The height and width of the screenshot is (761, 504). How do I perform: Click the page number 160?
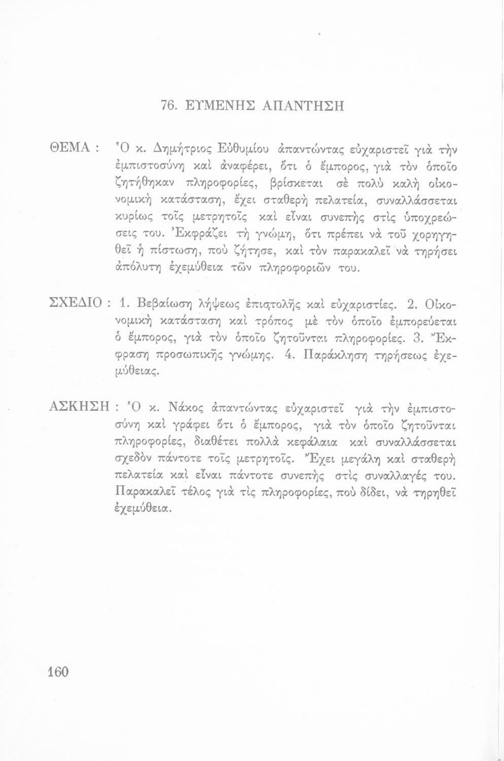pos(57,672)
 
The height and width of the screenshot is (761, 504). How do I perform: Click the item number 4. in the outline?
pos(287,355)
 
